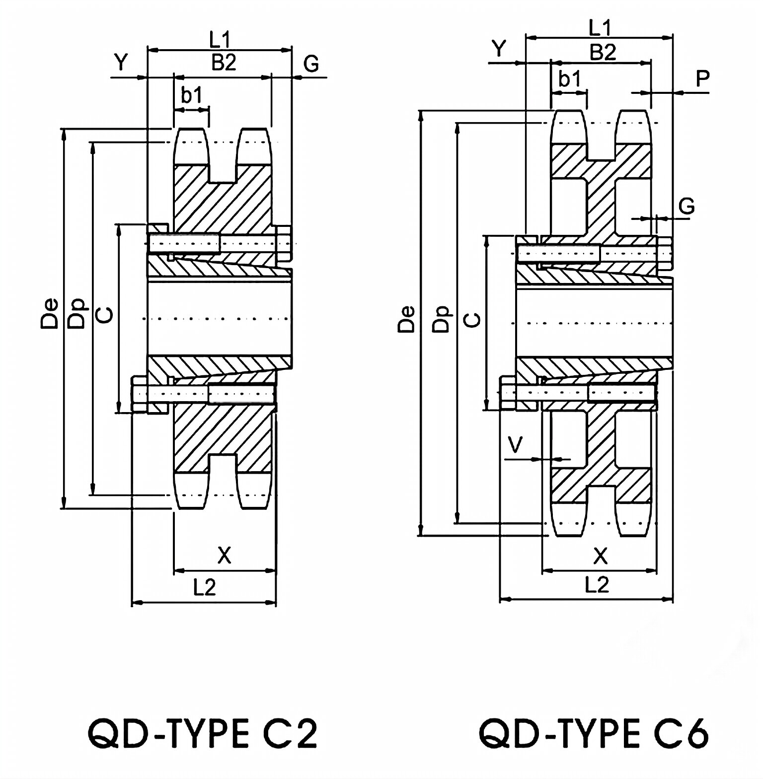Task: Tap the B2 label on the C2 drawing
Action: click(224, 63)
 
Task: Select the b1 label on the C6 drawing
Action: click(569, 78)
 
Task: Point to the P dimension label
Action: click(702, 78)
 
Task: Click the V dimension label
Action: click(516, 445)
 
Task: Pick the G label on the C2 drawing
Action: click(311, 64)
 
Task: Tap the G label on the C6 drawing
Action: click(687, 206)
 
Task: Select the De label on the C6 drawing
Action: click(407, 318)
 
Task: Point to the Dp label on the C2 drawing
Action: click(77, 313)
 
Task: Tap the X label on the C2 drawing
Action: click(225, 555)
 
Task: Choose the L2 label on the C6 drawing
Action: click(597, 585)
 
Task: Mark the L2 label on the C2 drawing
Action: click(204, 588)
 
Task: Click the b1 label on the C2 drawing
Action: click(192, 95)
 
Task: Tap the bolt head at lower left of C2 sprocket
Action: click(139, 394)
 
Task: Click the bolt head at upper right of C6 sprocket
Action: click(665, 254)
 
